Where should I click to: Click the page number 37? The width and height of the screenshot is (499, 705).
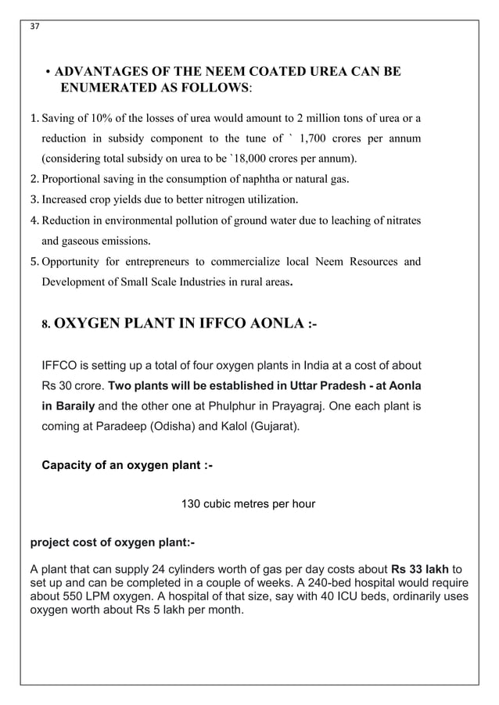pyautogui.click(x=34, y=25)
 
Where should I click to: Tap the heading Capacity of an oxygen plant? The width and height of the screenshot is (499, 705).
pyautogui.click(x=127, y=466)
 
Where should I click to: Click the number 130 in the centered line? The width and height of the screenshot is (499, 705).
pyautogui.click(x=191, y=504)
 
